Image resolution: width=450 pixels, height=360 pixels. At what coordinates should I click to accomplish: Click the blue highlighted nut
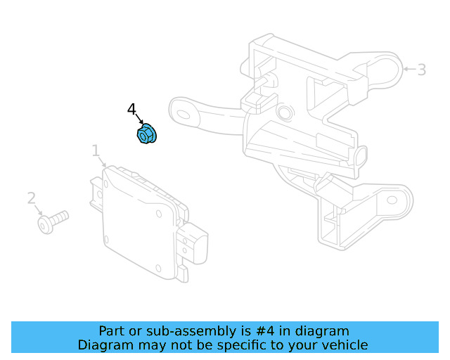pos(147,134)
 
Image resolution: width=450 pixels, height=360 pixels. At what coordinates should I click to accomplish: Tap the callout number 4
pos(131,109)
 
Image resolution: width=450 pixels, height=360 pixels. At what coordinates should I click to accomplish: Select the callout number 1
pos(96,150)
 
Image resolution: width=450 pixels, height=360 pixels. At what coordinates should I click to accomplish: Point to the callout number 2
pos(31,198)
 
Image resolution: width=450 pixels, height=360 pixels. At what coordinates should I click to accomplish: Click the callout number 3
pos(421,70)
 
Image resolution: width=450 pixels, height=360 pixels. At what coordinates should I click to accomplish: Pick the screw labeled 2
pos(53,221)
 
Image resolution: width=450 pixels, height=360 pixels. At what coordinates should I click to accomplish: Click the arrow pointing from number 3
pos(409,69)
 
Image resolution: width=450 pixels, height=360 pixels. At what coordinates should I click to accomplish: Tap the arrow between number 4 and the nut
pos(139,119)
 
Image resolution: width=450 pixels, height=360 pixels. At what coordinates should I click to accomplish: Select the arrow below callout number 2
pos(39,210)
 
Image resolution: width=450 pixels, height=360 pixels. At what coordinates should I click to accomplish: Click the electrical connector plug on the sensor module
pos(193,243)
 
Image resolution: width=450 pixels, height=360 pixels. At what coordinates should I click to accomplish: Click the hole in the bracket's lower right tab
pos(392,200)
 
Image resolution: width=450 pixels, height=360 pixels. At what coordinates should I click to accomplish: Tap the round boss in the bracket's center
pos(285,111)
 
